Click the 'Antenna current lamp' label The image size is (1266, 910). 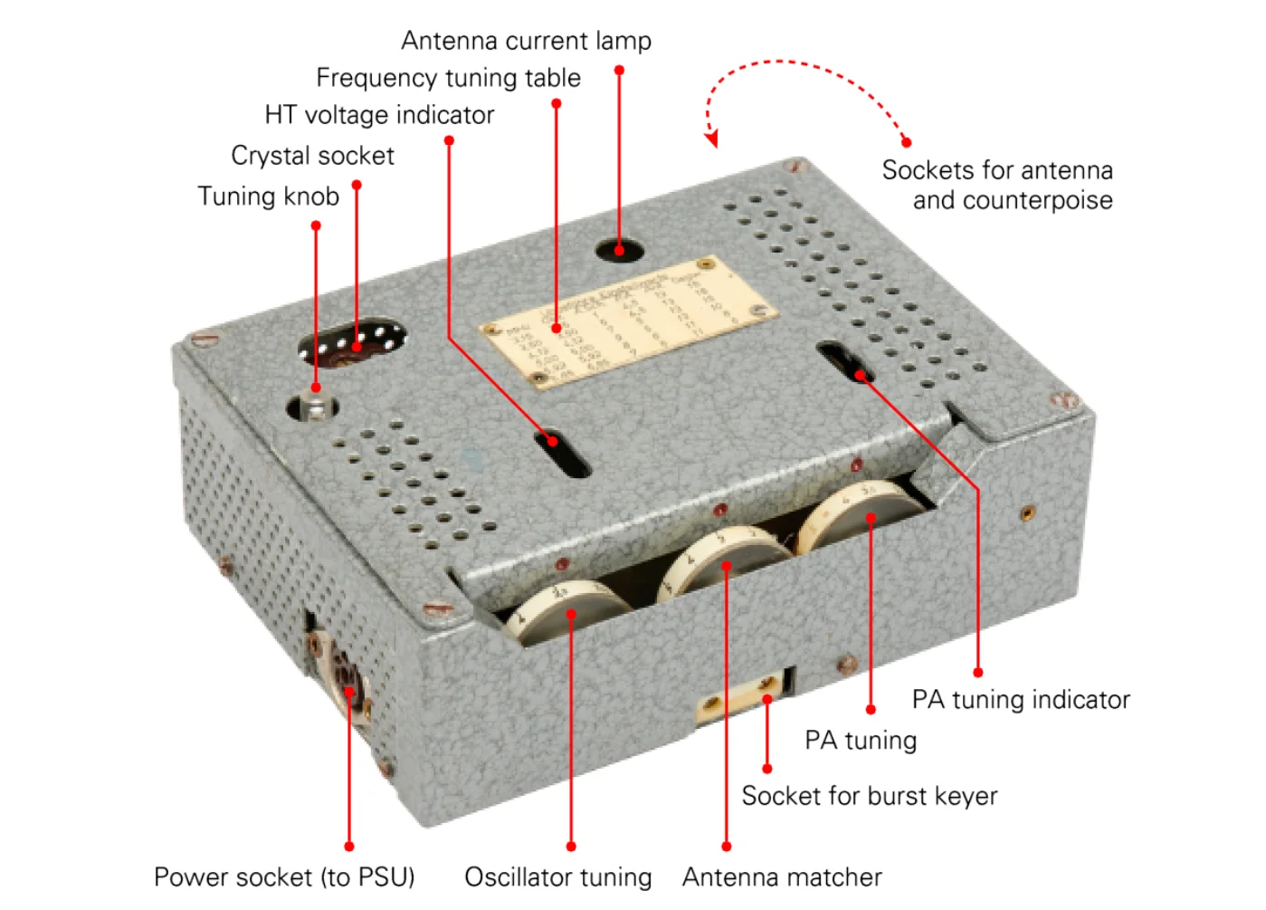(526, 41)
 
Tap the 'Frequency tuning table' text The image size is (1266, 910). (448, 78)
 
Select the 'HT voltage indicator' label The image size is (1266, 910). (379, 115)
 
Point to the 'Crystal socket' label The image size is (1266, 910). (312, 156)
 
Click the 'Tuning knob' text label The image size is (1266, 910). (268, 196)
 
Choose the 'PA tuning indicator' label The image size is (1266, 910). (1020, 700)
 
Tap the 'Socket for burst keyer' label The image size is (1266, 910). (869, 796)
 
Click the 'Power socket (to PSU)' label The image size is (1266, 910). (284, 877)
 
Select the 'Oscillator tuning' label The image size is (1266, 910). (557, 877)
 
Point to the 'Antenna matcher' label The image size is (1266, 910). (782, 877)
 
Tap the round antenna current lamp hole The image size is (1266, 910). (619, 248)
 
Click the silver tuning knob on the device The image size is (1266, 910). (315, 407)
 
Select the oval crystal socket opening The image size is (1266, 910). (351, 343)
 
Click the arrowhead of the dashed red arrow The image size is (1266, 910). (712, 139)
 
